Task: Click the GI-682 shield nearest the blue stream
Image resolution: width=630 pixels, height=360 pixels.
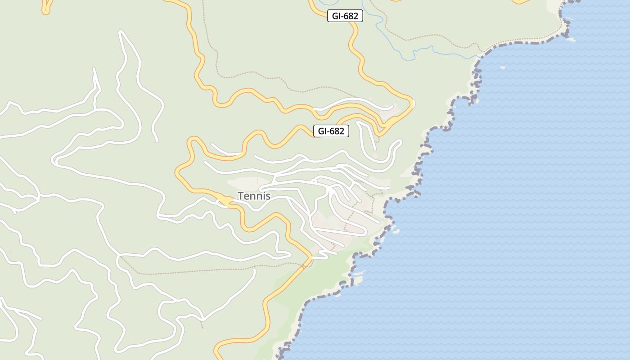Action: pos(345,16)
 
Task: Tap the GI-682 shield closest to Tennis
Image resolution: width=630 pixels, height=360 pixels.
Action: pos(331,131)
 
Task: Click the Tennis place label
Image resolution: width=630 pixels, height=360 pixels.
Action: pos(254,196)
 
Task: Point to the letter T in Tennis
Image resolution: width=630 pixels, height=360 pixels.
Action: pos(240,196)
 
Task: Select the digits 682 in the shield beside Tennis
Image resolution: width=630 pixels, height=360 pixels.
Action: pos(337,131)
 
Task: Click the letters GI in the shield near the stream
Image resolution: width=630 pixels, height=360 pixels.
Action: pos(336,16)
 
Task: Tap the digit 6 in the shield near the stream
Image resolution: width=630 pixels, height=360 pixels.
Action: pos(346,16)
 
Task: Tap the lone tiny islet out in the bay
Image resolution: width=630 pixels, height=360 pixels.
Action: pos(502,68)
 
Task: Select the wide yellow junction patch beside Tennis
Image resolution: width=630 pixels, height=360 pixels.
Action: pos(224,201)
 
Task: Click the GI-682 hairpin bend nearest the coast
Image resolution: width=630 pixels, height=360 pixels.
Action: pos(411,103)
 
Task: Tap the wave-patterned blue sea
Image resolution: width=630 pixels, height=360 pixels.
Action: pos(517,202)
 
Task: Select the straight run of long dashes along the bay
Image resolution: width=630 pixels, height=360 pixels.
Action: pos(526,42)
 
